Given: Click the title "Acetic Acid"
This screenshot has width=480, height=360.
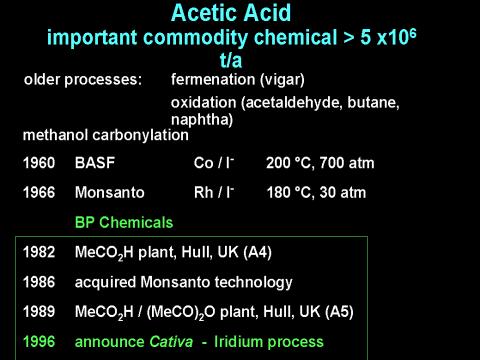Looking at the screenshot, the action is pos(231,13).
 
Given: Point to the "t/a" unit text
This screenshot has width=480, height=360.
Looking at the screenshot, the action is pos(231,61).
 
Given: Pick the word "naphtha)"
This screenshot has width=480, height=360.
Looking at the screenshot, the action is pos(202,120).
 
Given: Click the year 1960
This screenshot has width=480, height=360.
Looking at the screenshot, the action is pos(39,163).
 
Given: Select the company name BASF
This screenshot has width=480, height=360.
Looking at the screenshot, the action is pos(95,163).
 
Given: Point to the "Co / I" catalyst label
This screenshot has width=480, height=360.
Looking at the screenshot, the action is pos(214,163).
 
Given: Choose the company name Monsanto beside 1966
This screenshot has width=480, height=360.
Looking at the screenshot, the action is pos(110,193).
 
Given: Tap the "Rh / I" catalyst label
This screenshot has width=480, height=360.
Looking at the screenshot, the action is pos(214,192).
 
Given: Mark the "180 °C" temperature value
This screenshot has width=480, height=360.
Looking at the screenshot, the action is pos(289,193).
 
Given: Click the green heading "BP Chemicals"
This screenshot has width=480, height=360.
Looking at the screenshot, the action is pos(124,222).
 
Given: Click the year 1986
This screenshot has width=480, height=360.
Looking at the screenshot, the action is pos(39,282).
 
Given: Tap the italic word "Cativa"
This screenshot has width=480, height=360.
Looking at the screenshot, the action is pos(171,342).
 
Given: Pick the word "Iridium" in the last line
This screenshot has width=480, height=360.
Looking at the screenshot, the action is pos(238,342).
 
